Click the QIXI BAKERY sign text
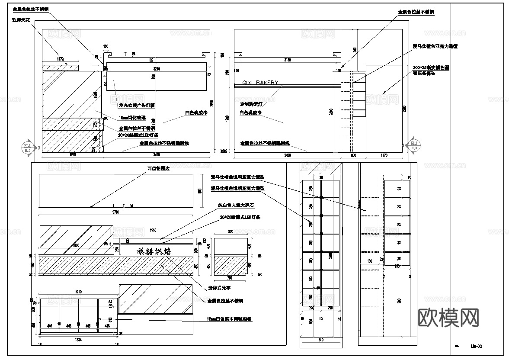259,82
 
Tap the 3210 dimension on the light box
156,69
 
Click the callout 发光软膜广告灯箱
137,105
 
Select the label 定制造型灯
251,104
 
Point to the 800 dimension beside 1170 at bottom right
353,154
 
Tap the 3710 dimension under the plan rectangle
115,212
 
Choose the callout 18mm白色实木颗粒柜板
229,319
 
